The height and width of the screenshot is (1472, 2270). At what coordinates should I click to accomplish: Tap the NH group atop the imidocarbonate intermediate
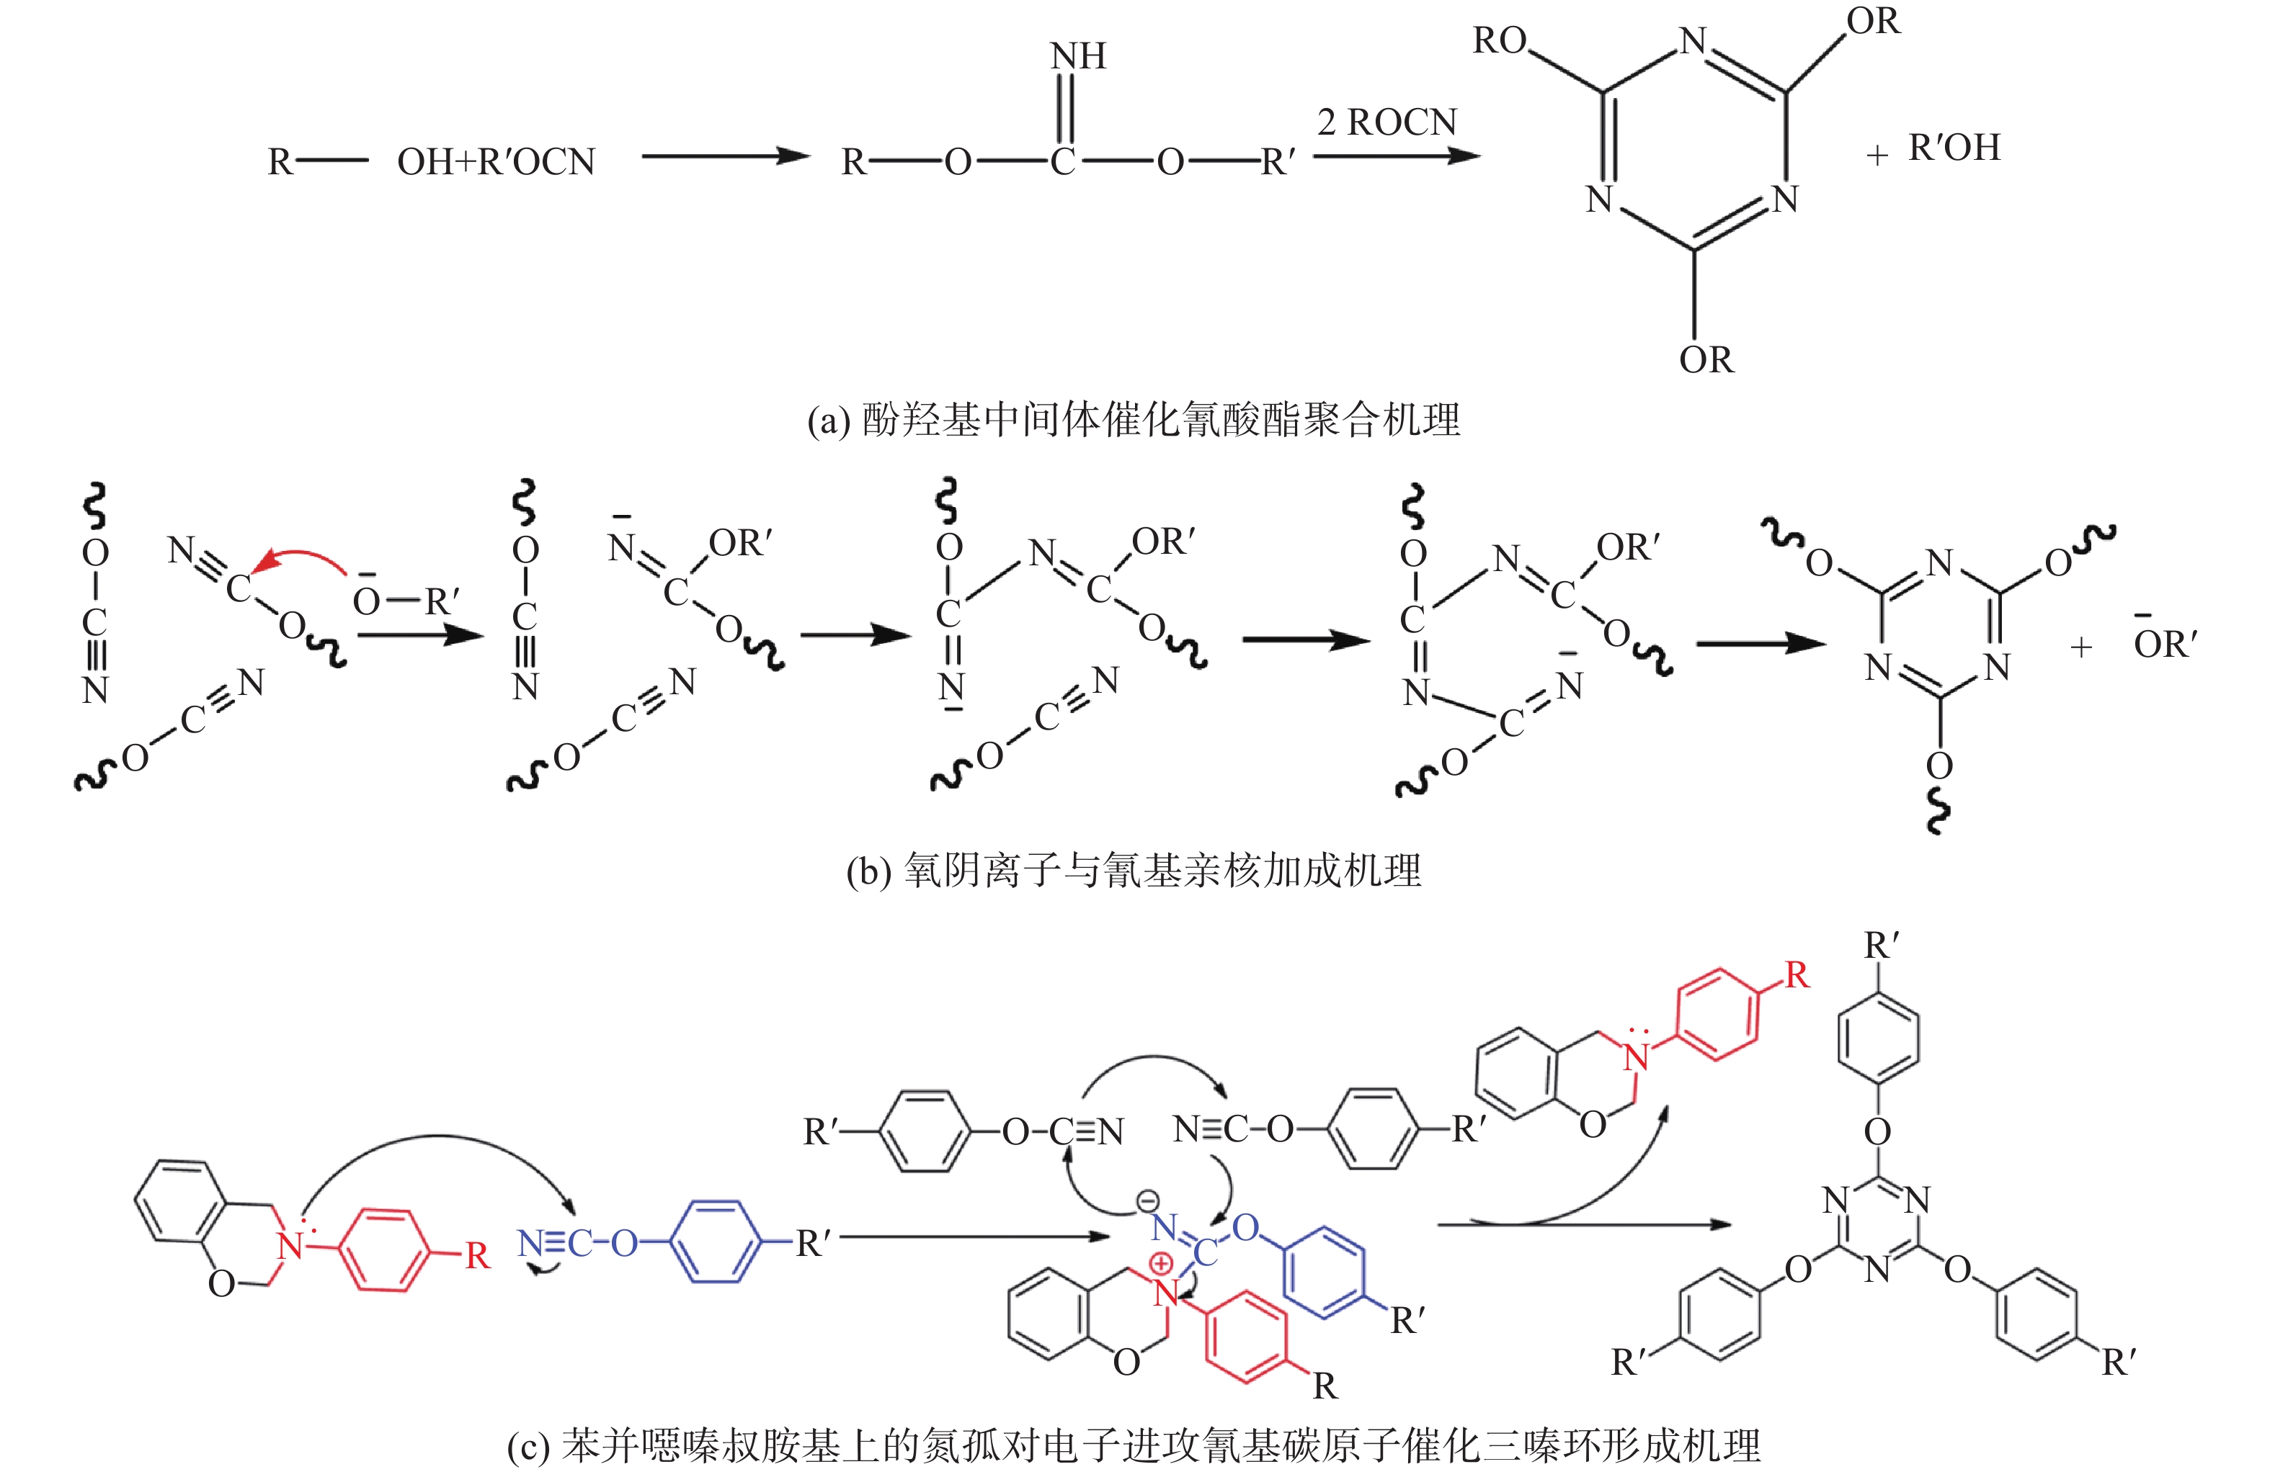pyautogui.click(x=1078, y=56)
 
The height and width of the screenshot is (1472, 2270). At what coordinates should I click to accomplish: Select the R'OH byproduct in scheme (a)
pyautogui.click(x=1954, y=148)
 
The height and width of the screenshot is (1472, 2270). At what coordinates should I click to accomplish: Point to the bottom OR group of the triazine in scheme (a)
pyautogui.click(x=1706, y=359)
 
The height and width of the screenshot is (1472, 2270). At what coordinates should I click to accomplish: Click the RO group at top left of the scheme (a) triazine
pyautogui.click(x=1500, y=41)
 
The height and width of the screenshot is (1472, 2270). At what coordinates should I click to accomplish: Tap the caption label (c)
pyautogui.click(x=528, y=1446)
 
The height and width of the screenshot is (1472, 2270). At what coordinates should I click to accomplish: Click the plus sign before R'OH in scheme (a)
pyautogui.click(x=1876, y=154)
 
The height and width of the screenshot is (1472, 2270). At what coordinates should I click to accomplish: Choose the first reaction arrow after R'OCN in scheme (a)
pyautogui.click(x=725, y=156)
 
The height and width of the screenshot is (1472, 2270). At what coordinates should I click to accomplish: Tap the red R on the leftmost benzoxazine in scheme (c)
pyautogui.click(x=477, y=1257)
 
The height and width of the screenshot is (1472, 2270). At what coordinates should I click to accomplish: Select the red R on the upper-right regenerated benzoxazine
pyautogui.click(x=1797, y=974)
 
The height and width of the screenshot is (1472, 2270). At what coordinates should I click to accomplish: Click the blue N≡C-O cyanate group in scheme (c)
pyautogui.click(x=578, y=1243)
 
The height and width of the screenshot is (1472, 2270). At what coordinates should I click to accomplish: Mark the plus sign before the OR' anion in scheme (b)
pyautogui.click(x=2081, y=647)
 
